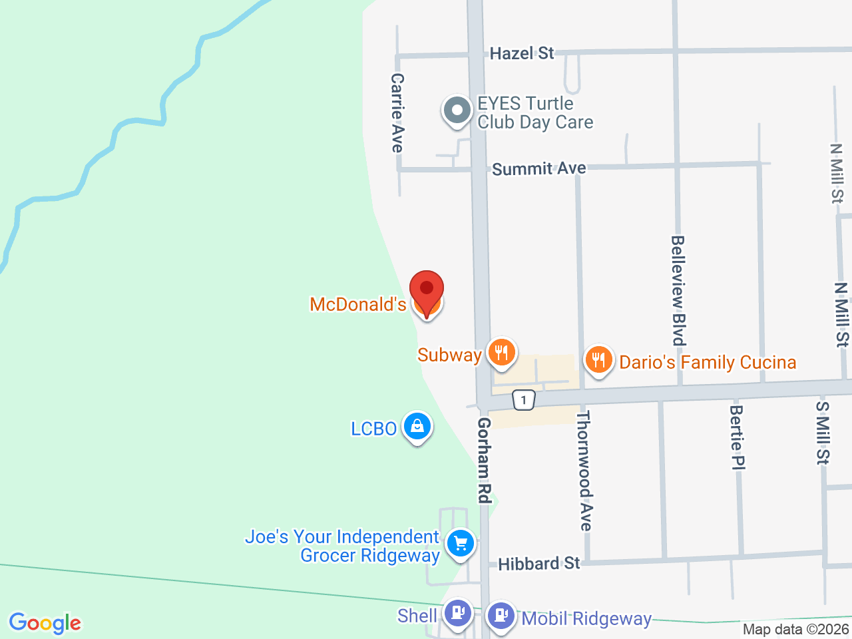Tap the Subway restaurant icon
[x=502, y=353]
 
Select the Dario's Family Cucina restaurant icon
[x=599, y=360]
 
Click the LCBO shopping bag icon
[x=417, y=426]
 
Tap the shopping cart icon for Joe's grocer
[x=461, y=544]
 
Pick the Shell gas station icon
[x=458, y=612]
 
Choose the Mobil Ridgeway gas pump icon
[x=501, y=615]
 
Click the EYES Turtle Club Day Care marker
[x=457, y=110]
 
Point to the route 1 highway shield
[x=524, y=400]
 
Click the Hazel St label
[x=522, y=53]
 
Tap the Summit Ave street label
[x=539, y=168]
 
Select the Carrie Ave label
[x=397, y=112]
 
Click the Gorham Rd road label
[x=485, y=460]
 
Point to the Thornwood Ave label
[x=584, y=471]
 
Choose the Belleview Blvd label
[x=678, y=290]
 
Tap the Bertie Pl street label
[x=737, y=437]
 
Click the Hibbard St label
[x=539, y=564]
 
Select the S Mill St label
[x=823, y=433]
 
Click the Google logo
[x=45, y=624]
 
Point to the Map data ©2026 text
[x=796, y=629]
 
